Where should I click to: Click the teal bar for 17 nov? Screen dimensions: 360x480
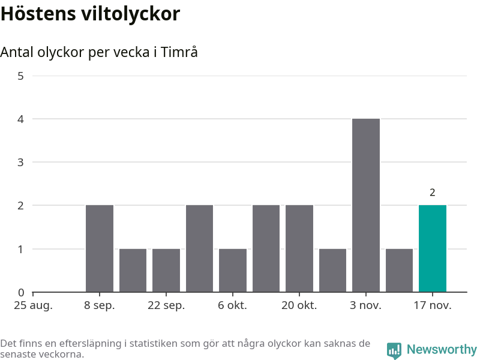pyautogui.click(x=433, y=248)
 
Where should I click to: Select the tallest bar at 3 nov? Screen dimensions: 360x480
pyautogui.click(x=366, y=205)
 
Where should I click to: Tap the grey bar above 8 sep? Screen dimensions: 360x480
pyautogui.click(x=100, y=248)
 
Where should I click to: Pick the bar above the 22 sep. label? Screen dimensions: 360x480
pyautogui.click(x=166, y=270)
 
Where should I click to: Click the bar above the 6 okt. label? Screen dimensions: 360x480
pyautogui.click(x=233, y=270)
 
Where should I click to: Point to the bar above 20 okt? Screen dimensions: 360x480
pyautogui.click(x=299, y=248)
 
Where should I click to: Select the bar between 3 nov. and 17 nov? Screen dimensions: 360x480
pyautogui.click(x=399, y=270)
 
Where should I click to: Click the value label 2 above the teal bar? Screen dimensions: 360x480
pyautogui.click(x=433, y=193)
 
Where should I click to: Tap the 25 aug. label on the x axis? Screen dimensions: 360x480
pyautogui.click(x=33, y=305)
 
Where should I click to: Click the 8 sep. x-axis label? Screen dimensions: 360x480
pyautogui.click(x=100, y=305)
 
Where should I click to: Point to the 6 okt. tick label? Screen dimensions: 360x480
pyautogui.click(x=233, y=305)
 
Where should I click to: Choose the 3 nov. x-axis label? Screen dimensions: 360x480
pyautogui.click(x=366, y=305)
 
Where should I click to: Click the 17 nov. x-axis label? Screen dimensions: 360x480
pyautogui.click(x=433, y=305)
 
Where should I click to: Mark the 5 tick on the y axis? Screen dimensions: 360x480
pyautogui.click(x=21, y=76)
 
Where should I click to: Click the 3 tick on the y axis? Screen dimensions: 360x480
pyautogui.click(x=21, y=163)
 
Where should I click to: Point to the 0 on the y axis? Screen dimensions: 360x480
pyautogui.click(x=21, y=293)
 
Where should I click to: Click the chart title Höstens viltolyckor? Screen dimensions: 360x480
pyautogui.click(x=90, y=14)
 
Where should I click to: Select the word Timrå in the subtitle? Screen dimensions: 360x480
pyautogui.click(x=179, y=52)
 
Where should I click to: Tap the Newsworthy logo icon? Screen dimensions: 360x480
pyautogui.click(x=394, y=350)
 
